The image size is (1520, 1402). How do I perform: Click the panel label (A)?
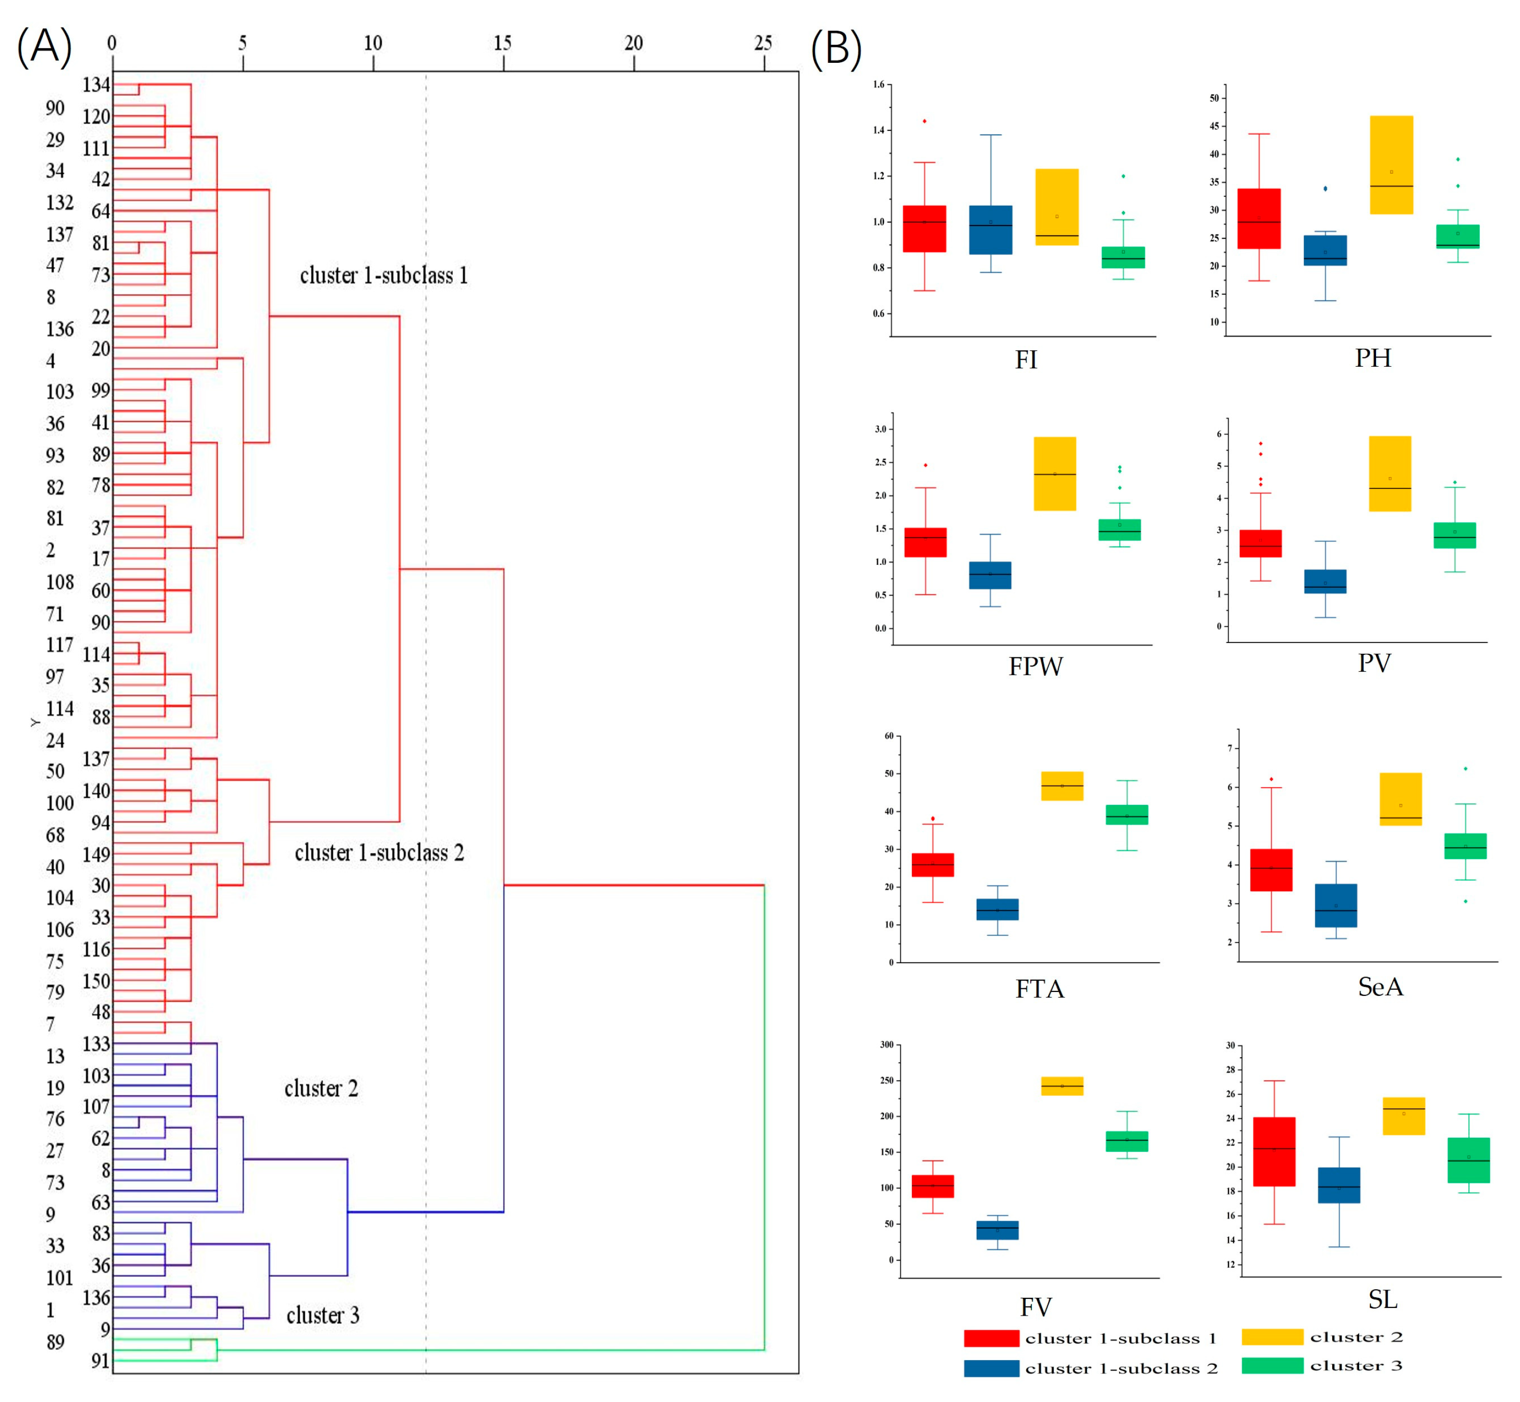[x=44, y=47]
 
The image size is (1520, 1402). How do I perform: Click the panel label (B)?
[x=836, y=49]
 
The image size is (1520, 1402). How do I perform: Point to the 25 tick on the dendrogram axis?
[x=763, y=43]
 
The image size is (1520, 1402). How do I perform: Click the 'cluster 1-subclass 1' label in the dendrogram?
[x=384, y=275]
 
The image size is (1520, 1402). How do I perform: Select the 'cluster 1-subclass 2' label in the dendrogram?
[x=379, y=853]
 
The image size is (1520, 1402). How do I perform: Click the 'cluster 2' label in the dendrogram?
[x=321, y=1089]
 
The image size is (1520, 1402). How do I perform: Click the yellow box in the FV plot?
[x=1062, y=1086]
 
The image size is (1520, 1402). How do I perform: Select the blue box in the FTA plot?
[x=997, y=909]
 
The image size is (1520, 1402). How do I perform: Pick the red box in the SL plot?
[x=1274, y=1151]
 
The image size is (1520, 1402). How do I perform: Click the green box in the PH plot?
[x=1458, y=236]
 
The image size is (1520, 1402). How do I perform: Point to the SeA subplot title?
[x=1381, y=987]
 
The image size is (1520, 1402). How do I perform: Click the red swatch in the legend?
[x=991, y=1338]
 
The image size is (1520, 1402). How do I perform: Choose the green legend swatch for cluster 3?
[x=1272, y=1366]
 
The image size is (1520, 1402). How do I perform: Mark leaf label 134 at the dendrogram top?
[x=96, y=85]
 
